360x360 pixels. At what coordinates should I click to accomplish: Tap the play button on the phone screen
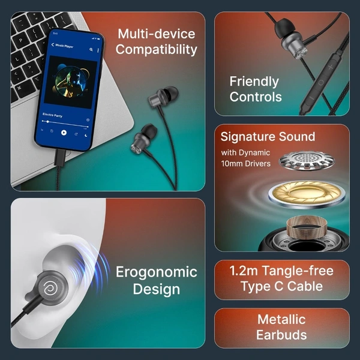tap(64, 133)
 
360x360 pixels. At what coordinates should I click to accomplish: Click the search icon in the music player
tap(91, 49)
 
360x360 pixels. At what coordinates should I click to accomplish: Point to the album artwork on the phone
tap(70, 82)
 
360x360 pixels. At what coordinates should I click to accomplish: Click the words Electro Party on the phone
tap(52, 115)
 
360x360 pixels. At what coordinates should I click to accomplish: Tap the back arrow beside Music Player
tap(53, 44)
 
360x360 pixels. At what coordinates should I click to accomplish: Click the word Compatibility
tap(157, 50)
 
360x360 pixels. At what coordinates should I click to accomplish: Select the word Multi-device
tap(157, 34)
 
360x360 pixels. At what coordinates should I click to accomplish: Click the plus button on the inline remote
tap(330, 67)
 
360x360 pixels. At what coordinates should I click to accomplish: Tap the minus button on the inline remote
tap(311, 98)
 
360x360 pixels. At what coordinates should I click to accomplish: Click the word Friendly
tap(254, 82)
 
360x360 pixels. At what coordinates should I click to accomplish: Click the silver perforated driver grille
tap(307, 160)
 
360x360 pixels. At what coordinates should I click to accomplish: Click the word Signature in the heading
tap(247, 137)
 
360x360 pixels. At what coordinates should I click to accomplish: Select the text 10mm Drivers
tap(245, 164)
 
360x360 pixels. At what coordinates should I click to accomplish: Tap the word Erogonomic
tap(157, 272)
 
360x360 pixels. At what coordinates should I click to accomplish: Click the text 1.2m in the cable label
tap(244, 271)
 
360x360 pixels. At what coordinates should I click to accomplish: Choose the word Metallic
tap(281, 319)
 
